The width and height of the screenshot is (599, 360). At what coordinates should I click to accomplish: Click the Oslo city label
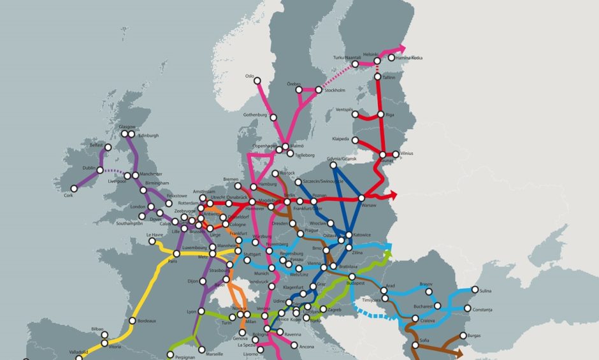(249, 76)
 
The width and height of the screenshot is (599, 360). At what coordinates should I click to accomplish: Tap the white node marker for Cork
(74, 189)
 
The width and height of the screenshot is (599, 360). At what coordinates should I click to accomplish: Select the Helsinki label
(370, 54)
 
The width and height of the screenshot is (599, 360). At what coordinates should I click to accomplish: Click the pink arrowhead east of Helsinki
(401, 48)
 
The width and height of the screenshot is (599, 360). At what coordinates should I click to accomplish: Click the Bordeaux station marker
(132, 320)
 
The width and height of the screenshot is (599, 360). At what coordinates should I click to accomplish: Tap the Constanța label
(487, 309)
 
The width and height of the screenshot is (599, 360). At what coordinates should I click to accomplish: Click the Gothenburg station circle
(273, 117)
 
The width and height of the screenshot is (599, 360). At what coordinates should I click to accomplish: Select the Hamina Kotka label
(408, 58)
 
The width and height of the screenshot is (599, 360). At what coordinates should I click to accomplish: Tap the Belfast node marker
(108, 147)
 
